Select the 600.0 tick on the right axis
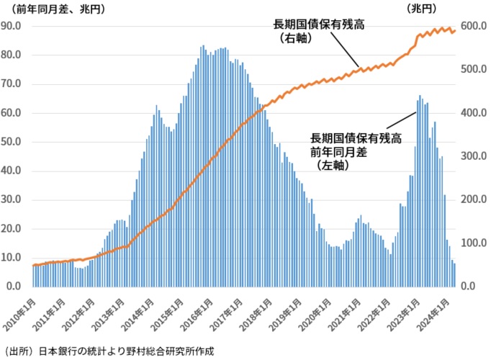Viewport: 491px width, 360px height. click(x=474, y=26)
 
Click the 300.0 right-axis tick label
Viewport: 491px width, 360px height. click(x=474, y=156)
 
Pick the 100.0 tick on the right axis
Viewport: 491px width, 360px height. click(x=474, y=243)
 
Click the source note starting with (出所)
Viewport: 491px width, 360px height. click(x=109, y=351)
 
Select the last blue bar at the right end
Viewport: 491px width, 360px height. click(x=454, y=274)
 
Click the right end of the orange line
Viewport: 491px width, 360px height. click(x=454, y=30)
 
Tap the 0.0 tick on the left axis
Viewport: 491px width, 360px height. click(x=16, y=287)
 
